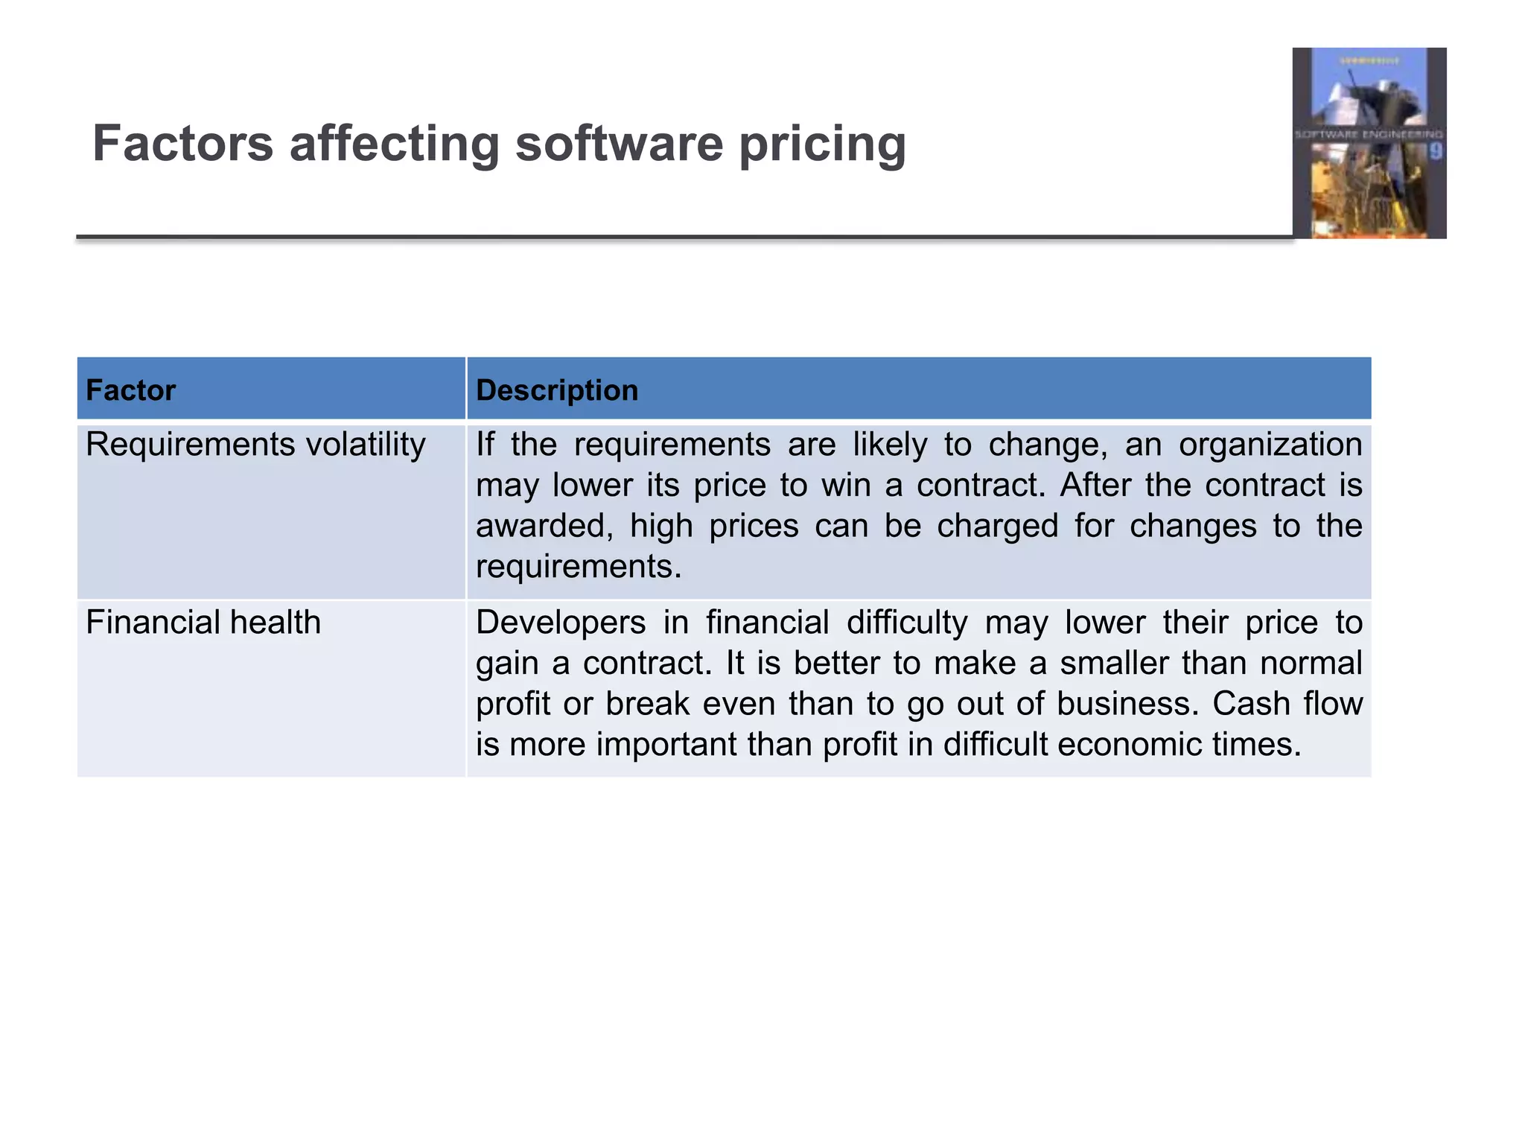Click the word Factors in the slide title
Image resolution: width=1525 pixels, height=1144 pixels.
[183, 143]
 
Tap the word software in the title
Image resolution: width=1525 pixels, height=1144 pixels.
[619, 143]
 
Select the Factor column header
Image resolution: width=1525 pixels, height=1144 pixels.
[130, 390]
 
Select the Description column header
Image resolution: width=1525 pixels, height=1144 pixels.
[557, 390]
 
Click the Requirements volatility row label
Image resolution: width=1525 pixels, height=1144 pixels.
[255, 445]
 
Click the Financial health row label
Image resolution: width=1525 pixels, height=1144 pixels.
[203, 623]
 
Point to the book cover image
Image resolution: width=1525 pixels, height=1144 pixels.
[1369, 143]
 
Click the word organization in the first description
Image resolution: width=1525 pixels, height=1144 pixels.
[1270, 445]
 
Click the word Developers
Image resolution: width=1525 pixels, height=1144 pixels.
[561, 623]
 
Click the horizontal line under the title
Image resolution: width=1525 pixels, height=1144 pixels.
[670, 238]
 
